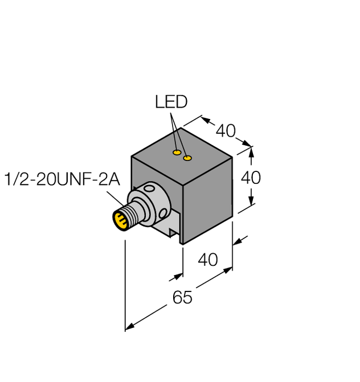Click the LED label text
coord(171,102)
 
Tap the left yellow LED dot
coord(177,153)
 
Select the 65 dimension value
coord(182,297)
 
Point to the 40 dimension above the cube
coord(226,131)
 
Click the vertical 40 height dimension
coord(251,178)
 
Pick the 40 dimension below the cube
coord(207,260)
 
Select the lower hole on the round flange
coord(162,215)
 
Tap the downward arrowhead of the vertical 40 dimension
coord(252,203)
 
